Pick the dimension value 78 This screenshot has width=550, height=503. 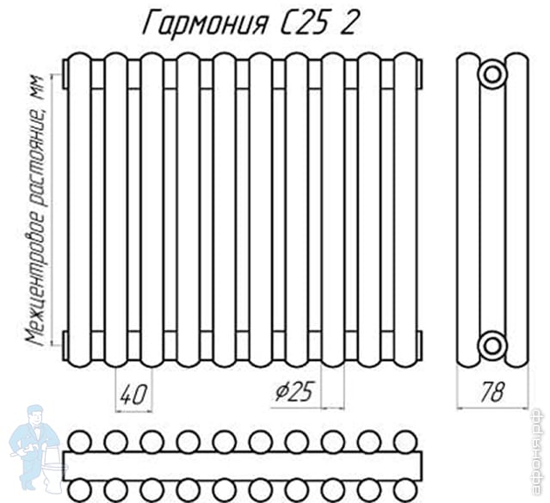pos(492,394)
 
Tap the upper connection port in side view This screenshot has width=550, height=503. pos(493,73)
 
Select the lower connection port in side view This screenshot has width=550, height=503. pos(493,346)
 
